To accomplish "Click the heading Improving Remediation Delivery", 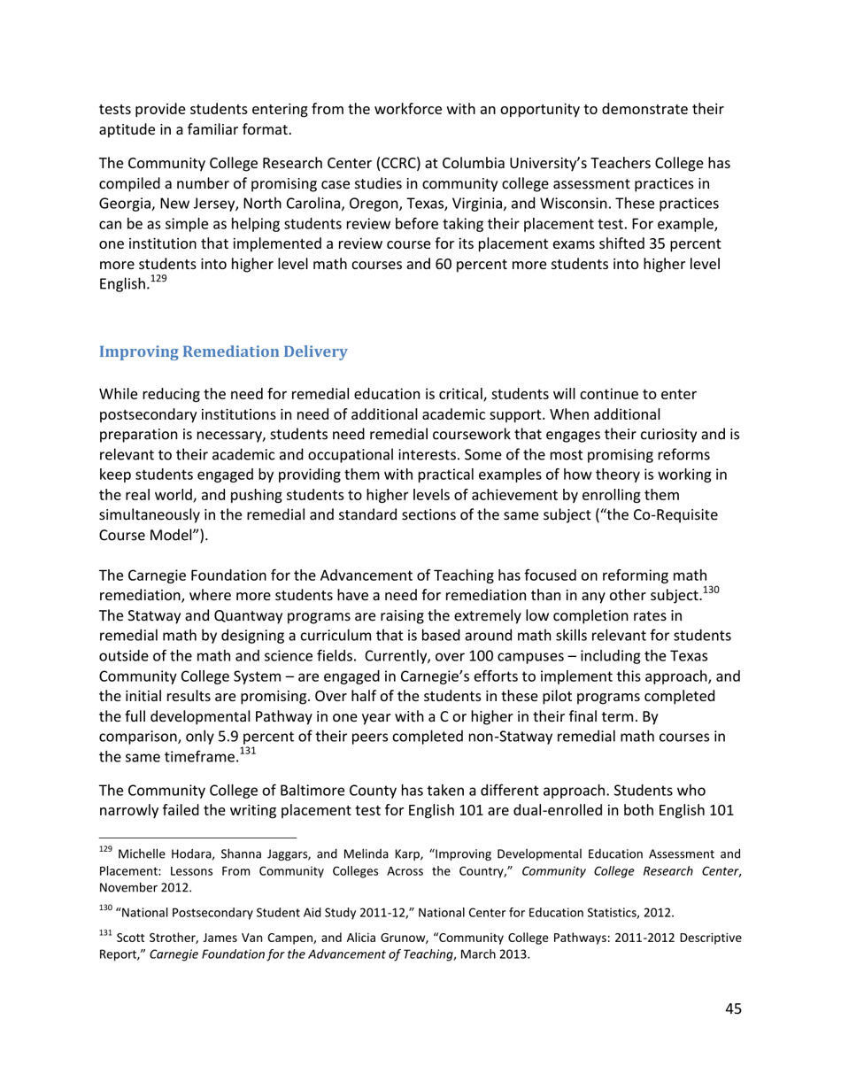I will point(223,351).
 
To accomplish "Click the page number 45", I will point(732,1008).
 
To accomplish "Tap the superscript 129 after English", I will point(158,280).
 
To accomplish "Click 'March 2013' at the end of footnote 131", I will point(498,954).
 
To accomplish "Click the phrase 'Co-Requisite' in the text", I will point(675,515).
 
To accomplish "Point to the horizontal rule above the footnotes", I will point(197,837).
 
